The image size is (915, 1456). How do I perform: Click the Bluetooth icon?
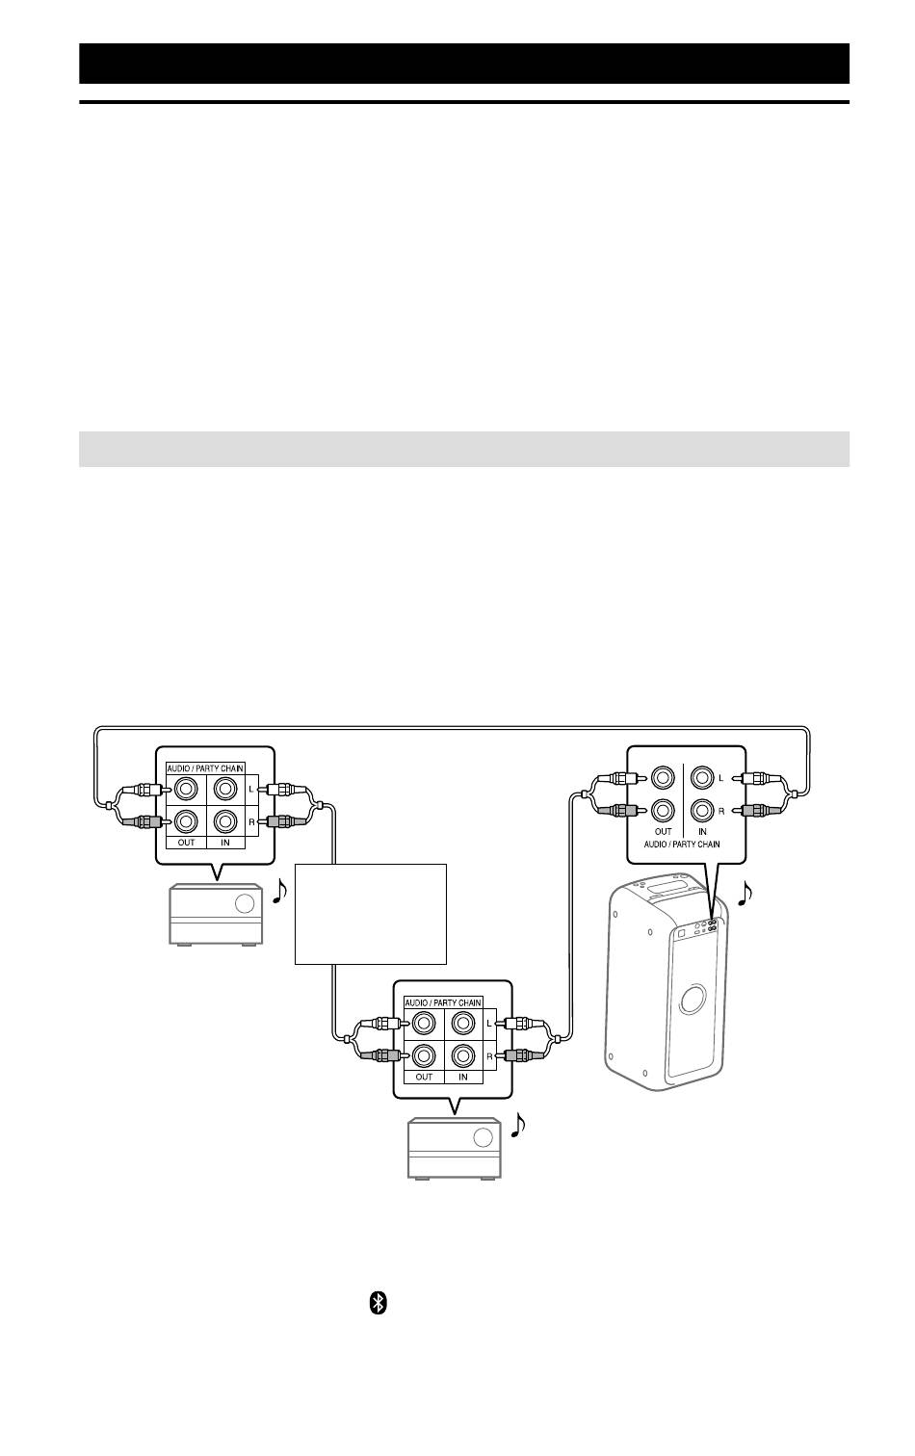pyautogui.click(x=378, y=1303)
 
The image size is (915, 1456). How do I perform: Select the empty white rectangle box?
pyautogui.click(x=371, y=914)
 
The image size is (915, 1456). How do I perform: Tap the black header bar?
pyautogui.click(x=464, y=64)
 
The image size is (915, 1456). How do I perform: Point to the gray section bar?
pyautogui.click(x=464, y=449)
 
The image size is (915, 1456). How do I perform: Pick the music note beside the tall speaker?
pyautogui.click(x=745, y=893)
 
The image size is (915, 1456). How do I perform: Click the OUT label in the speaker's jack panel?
pyautogui.click(x=664, y=831)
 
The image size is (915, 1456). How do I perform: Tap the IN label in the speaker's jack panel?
pyautogui.click(x=702, y=831)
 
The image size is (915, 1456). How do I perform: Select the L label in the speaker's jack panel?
pyautogui.click(x=720, y=778)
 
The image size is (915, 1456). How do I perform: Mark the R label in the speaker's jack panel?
pyautogui.click(x=720, y=811)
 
